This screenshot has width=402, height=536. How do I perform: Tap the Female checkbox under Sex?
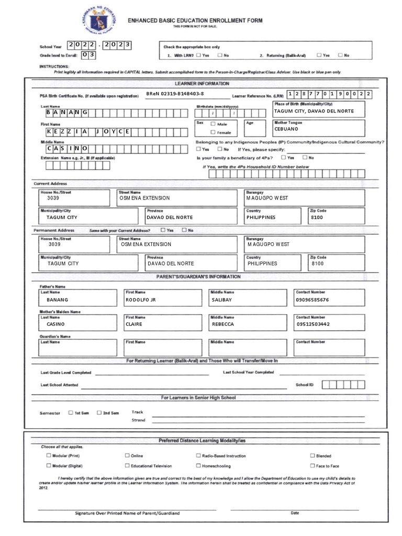213,132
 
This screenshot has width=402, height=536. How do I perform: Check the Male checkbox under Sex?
213,124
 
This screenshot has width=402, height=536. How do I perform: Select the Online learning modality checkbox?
127,455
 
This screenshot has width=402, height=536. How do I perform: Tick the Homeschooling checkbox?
198,465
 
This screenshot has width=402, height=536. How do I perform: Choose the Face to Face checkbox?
312,465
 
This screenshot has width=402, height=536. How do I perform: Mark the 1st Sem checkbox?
71,412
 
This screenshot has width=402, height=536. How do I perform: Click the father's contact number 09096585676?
312,300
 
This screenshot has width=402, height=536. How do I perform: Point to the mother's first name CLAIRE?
134,324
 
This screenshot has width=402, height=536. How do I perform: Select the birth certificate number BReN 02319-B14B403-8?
175,94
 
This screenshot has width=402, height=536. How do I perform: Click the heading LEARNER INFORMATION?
202,83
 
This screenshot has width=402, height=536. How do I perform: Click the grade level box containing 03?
88,54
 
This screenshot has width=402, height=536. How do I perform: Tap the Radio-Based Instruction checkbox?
198,455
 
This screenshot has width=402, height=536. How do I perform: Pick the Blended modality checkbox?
312,455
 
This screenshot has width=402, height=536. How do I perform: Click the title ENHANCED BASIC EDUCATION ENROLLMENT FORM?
195,20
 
